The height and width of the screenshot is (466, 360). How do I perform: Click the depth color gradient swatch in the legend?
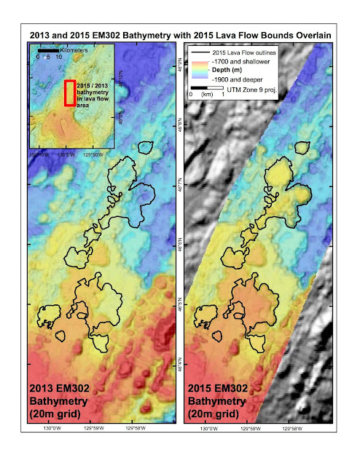click(x=200, y=74)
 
